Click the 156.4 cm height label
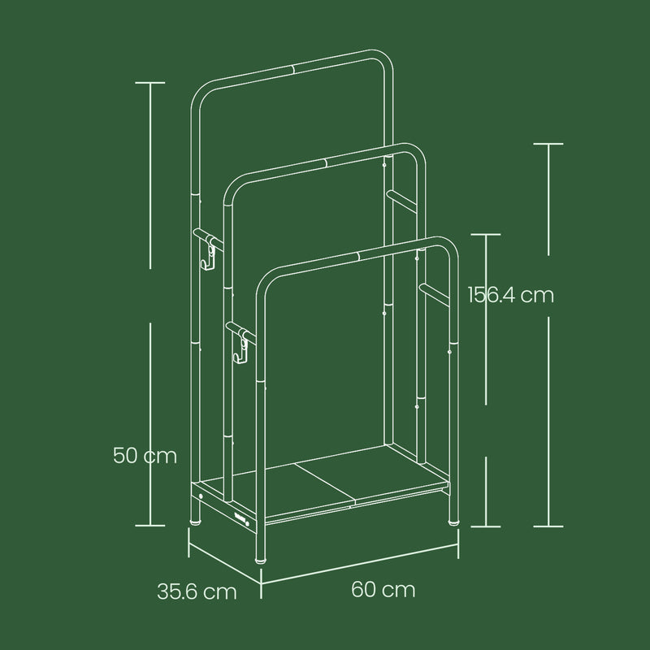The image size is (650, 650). click(510, 295)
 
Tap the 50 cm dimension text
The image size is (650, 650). click(145, 456)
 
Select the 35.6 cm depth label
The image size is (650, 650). click(197, 591)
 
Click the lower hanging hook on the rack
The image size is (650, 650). click(241, 349)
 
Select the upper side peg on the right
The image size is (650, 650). click(398, 197)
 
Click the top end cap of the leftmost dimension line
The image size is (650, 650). click(149, 83)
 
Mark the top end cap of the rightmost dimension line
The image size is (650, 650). click(549, 144)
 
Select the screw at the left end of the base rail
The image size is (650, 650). click(201, 496)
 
